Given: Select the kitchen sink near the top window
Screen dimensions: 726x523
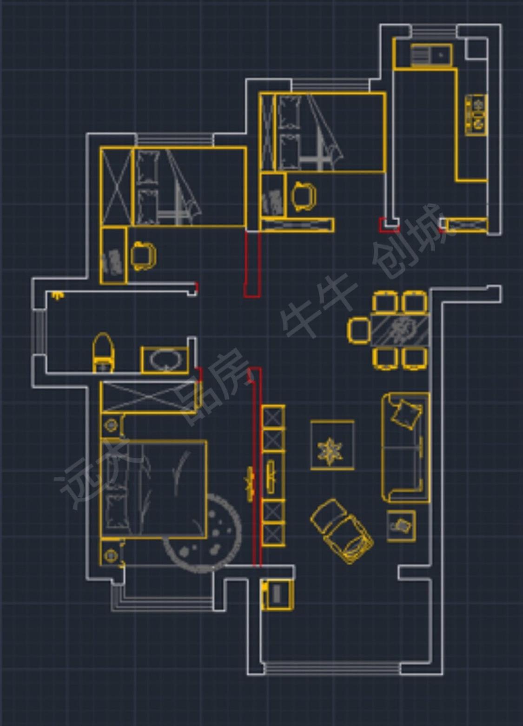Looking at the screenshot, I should tap(431, 55).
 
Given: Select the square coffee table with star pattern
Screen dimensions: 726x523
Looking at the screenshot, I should tap(332, 445).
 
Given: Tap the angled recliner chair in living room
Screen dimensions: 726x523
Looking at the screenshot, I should tap(342, 531).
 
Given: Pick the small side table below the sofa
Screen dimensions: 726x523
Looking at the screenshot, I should tap(401, 525).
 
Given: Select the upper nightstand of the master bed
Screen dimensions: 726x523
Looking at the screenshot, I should tap(112, 425).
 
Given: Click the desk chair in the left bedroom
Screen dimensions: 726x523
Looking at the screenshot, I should tap(143, 255).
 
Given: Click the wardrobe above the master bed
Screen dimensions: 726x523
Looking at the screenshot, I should tap(151, 396).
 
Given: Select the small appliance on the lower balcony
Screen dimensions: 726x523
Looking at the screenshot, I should tap(277, 594).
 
